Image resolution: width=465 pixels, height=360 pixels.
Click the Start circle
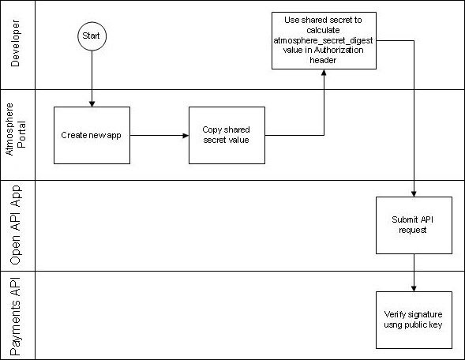pos(92,36)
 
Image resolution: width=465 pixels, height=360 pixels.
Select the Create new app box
pos(92,135)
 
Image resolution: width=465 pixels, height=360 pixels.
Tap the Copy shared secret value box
pos(227,135)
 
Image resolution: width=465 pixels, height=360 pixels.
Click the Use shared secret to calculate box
pos(323,40)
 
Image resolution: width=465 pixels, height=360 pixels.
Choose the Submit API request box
pos(414,225)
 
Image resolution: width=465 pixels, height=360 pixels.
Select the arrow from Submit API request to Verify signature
pos(414,272)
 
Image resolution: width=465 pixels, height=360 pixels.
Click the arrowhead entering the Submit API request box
pos(414,193)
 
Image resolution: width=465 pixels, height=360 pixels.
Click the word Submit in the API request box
pos(403,220)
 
